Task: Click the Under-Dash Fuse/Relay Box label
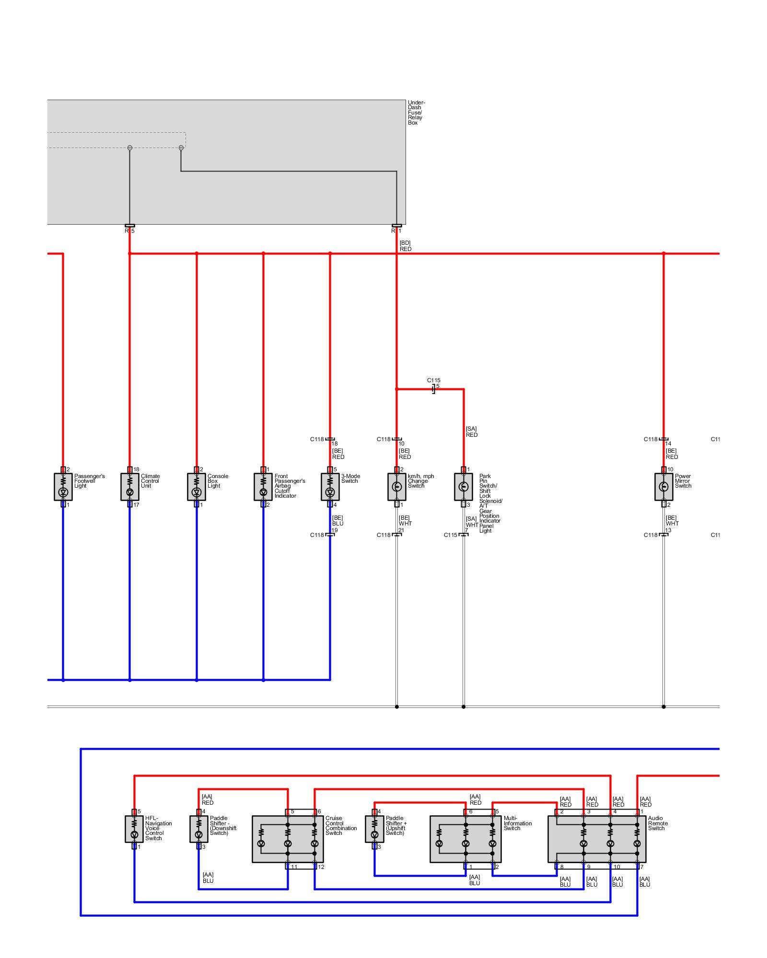[x=416, y=113]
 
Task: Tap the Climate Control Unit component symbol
[x=129, y=487]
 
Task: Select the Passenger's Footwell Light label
[x=89, y=481]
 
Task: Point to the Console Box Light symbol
[x=196, y=487]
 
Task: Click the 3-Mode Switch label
[x=350, y=479]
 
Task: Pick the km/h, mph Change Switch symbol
[x=396, y=487]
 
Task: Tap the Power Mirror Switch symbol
[x=663, y=487]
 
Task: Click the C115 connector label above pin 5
[x=433, y=380]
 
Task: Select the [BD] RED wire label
[x=405, y=246]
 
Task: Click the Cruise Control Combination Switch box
[x=288, y=839]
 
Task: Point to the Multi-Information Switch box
[x=465, y=839]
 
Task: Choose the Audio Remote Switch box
[x=597, y=839]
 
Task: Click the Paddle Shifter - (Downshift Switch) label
[x=223, y=825]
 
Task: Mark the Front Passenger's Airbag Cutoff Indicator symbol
[x=263, y=487]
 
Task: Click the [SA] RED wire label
[x=471, y=432]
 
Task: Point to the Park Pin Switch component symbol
[x=463, y=487]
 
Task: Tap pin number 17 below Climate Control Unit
[x=136, y=505]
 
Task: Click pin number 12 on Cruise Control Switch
[x=321, y=867]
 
